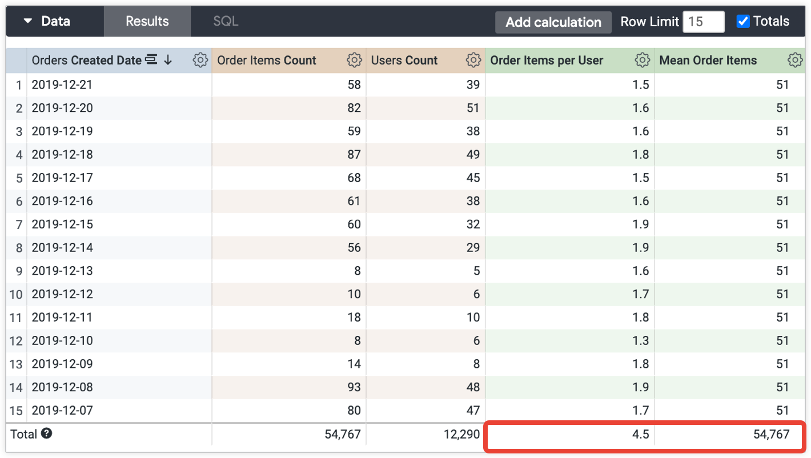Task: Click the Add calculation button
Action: click(553, 22)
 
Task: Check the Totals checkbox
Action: click(743, 22)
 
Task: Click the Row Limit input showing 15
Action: click(703, 22)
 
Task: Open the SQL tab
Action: click(226, 22)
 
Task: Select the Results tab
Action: click(147, 22)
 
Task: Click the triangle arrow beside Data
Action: click(27, 22)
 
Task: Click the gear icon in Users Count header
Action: click(473, 60)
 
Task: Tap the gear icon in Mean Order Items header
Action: click(794, 60)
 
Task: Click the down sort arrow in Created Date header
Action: click(168, 60)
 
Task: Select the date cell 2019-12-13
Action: click(62, 271)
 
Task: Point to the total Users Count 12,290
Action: click(461, 435)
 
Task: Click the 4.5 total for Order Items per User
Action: click(640, 435)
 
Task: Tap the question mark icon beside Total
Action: click(47, 433)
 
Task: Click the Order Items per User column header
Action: click(547, 60)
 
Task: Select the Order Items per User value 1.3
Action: click(640, 340)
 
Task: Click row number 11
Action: click(15, 318)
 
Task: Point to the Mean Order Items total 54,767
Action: click(771, 435)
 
